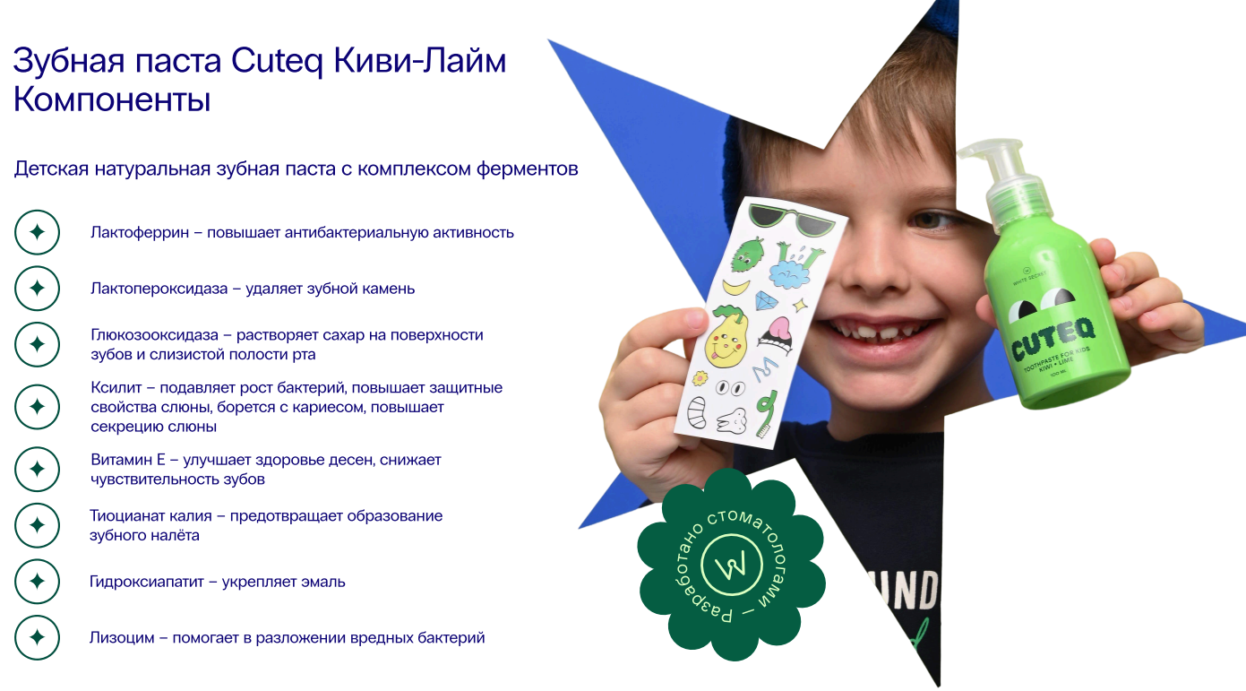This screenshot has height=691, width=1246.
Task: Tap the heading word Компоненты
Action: (x=112, y=99)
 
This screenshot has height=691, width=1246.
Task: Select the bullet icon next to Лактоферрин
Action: (x=38, y=232)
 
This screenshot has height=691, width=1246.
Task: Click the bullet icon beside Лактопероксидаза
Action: (x=38, y=289)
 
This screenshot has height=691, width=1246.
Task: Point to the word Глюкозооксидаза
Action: (x=155, y=335)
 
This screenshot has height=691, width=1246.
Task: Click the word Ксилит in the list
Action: (x=116, y=388)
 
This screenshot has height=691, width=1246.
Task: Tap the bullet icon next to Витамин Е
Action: (x=38, y=469)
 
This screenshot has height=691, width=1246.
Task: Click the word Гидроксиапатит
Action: (x=147, y=582)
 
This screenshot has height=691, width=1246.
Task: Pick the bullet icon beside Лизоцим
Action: (x=38, y=637)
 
